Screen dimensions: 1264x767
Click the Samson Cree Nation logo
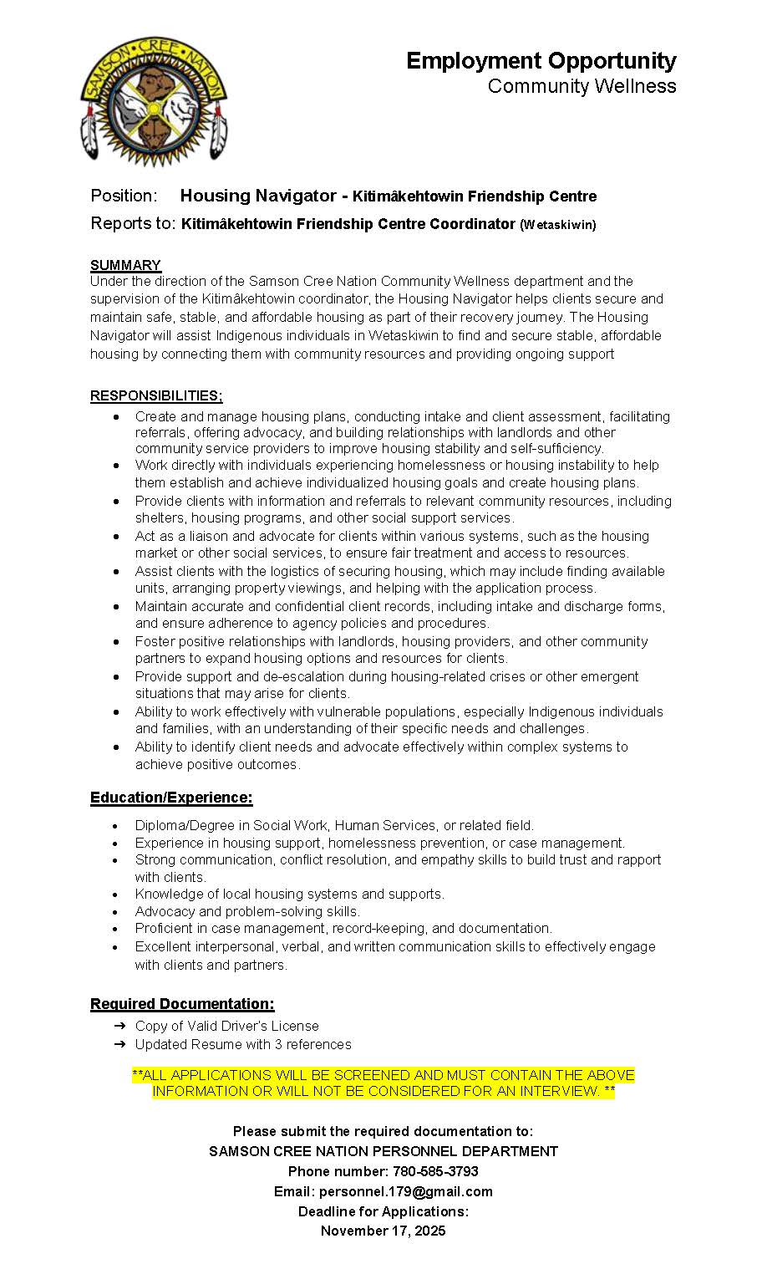154,99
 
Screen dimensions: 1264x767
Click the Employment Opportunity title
541,60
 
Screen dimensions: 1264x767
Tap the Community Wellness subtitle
582,86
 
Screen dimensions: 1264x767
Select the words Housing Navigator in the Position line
258,196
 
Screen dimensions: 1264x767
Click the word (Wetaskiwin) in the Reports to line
558,224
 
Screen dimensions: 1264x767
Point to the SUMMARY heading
125,265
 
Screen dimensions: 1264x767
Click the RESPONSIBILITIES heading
156,395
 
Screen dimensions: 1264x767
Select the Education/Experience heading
171,798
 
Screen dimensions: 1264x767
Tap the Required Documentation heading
182,1003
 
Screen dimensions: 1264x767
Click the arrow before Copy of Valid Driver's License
119,1026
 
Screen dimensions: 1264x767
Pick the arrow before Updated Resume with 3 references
119,1044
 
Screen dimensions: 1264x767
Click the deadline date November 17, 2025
383,1231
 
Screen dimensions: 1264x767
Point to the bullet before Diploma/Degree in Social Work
115,825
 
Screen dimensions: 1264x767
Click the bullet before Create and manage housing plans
115,416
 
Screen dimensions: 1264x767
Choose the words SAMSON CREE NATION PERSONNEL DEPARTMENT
383,1151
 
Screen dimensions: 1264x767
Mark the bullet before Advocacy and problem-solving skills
115,911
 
